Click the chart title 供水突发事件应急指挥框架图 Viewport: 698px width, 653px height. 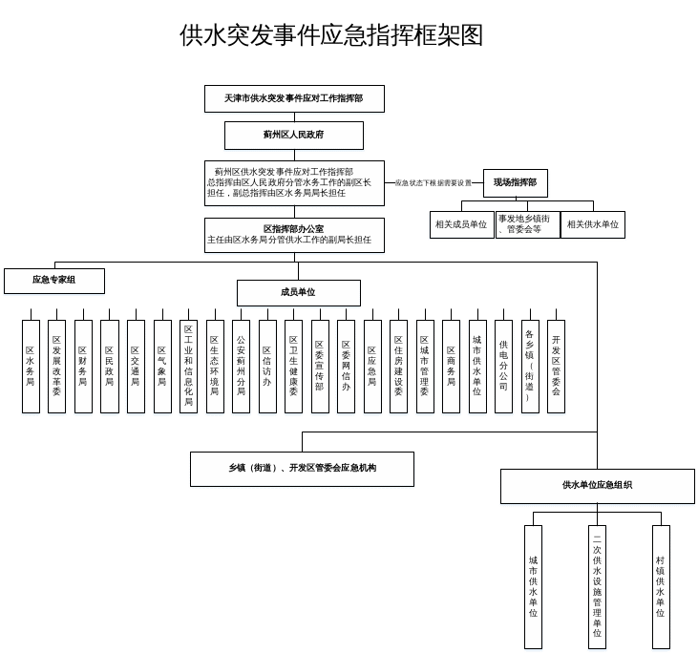(331, 36)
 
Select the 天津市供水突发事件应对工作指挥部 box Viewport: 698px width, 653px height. (294, 99)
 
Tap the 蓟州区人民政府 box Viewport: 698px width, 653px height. (294, 136)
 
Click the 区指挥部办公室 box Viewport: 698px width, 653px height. (294, 235)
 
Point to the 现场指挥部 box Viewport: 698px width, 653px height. (515, 182)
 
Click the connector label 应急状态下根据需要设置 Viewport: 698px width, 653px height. (434, 183)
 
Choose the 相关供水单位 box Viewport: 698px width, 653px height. (593, 225)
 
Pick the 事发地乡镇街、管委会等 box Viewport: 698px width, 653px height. (527, 225)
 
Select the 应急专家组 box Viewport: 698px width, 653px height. (54, 281)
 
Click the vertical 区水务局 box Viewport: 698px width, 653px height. (31, 367)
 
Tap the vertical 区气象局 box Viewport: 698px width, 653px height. (162, 367)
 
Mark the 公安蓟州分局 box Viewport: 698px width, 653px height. (241, 367)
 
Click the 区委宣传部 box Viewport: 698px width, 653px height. (320, 367)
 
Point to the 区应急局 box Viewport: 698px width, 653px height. (372, 367)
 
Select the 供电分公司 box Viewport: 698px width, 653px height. (503, 367)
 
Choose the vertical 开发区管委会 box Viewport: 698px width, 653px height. (556, 367)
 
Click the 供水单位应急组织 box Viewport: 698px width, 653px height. (597, 486)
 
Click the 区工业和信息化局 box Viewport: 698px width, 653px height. (188, 367)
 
